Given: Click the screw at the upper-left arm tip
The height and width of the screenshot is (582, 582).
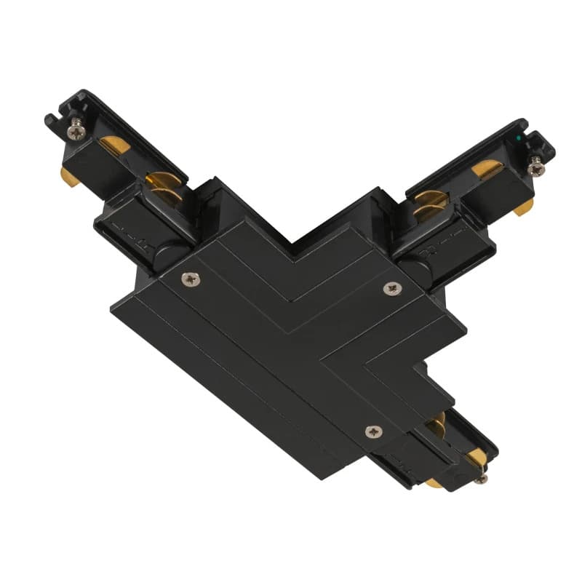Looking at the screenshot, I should coord(76,132).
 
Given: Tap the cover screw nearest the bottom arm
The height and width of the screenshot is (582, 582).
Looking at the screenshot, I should coord(372,431).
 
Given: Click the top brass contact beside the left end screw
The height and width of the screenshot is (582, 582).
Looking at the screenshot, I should coord(116,145).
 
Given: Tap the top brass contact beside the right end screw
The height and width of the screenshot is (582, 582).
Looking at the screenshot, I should coord(486,170).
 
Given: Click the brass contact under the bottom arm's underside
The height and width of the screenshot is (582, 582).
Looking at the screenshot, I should coord(434,482).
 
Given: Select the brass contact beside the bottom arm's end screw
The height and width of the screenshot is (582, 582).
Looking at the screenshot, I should coord(476,457).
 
